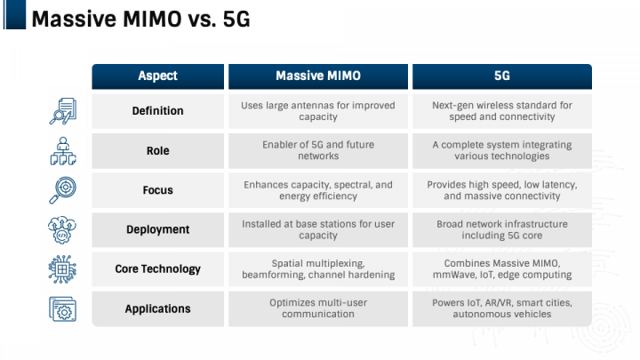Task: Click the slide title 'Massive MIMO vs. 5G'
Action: pyautogui.click(x=140, y=20)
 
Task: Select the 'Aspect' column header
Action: pyautogui.click(x=158, y=76)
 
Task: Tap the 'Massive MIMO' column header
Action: pyautogui.click(x=318, y=76)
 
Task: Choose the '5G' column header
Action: pyautogui.click(x=502, y=76)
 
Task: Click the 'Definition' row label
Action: pyautogui.click(x=157, y=111)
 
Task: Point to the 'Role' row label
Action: pyautogui.click(x=157, y=151)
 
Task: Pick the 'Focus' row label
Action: pyautogui.click(x=157, y=190)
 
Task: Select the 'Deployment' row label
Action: pyautogui.click(x=157, y=230)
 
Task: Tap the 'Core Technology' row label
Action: pyautogui.click(x=157, y=269)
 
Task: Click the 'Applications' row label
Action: pyautogui.click(x=157, y=309)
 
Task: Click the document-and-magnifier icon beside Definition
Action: pyautogui.click(x=63, y=111)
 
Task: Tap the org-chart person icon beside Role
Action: pyautogui.click(x=63, y=151)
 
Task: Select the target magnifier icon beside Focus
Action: pyautogui.click(x=63, y=190)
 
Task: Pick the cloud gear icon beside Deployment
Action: pyautogui.click(x=62, y=230)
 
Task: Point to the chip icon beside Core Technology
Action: pyautogui.click(x=62, y=269)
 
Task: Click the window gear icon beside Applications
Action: pyautogui.click(x=62, y=309)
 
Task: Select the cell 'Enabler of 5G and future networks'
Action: pyautogui.click(x=318, y=150)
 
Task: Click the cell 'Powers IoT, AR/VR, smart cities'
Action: pyautogui.click(x=502, y=303)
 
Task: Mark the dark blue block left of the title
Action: pyautogui.click(x=15, y=15)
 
